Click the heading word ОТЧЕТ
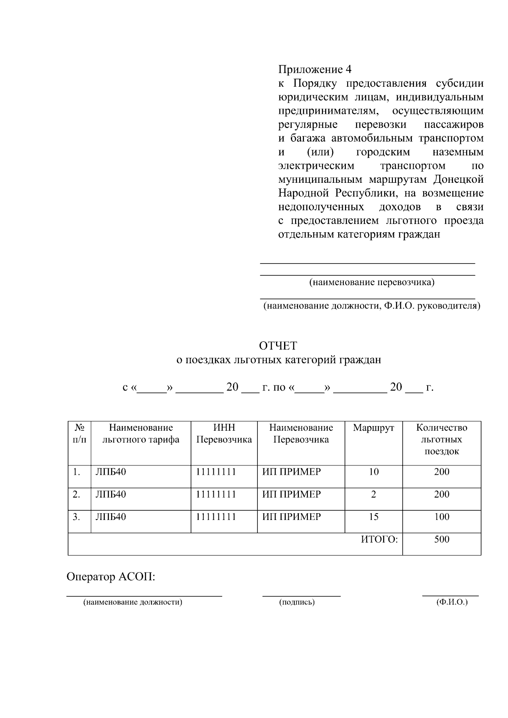(x=278, y=346)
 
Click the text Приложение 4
(x=315, y=69)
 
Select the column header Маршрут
(x=373, y=428)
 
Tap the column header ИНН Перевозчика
(x=224, y=434)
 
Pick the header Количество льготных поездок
(x=442, y=439)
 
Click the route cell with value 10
(x=373, y=472)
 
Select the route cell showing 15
(x=373, y=517)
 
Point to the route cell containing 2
(x=373, y=494)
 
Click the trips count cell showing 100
(x=442, y=517)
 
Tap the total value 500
(x=442, y=539)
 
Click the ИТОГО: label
(x=379, y=539)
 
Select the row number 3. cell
(x=76, y=517)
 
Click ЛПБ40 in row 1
(x=110, y=472)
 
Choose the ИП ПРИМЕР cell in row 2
(x=291, y=494)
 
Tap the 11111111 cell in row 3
(x=215, y=517)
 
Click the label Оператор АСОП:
(x=111, y=577)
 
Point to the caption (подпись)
(x=297, y=602)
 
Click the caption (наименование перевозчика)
(x=372, y=282)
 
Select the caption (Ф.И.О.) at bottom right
(x=452, y=602)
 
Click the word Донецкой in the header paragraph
(x=458, y=179)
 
